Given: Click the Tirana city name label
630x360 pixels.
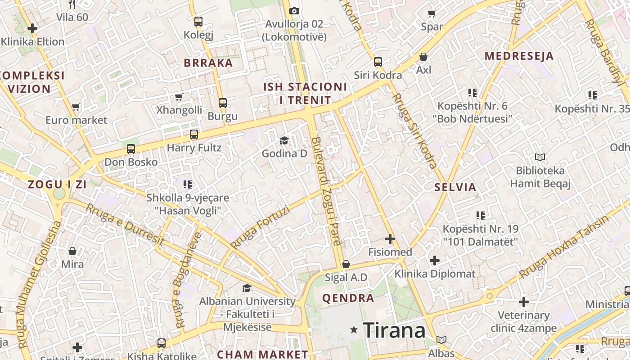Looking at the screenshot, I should pos(394,331).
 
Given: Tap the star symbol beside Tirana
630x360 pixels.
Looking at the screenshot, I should pos(354,330).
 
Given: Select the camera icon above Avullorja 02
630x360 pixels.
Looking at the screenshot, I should pos(294,11).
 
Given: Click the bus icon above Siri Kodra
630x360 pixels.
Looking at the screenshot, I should pos(378,62).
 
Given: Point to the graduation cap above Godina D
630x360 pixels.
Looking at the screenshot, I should pos(284,140).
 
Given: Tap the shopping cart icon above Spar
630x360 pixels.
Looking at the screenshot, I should pos(432,13).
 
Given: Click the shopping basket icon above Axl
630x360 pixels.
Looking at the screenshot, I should pos(423,57).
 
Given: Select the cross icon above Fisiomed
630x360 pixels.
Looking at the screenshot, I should pos(390,239).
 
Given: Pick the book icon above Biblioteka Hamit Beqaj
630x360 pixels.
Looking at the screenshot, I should pos(540,157).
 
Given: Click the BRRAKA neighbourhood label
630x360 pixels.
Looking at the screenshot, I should pos(208,63).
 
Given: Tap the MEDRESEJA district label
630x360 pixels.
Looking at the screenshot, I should pos(519,56).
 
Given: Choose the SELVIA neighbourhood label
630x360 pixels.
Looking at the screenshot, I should pos(455,188).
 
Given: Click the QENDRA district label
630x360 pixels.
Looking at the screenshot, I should pos(348,298).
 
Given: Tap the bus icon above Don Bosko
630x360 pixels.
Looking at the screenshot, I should pos(131,148).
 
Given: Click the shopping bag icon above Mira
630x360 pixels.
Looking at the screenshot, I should pos(72,251).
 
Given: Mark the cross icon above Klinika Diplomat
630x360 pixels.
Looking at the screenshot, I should pos(434,261).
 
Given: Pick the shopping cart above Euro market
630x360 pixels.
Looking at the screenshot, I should pos(76,107).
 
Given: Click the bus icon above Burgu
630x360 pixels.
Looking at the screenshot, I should pos(222,103).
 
